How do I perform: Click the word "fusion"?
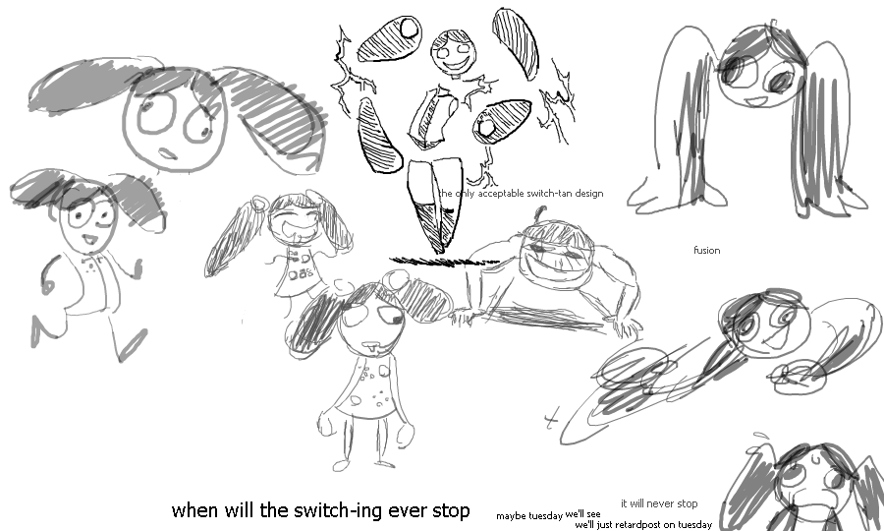(707, 250)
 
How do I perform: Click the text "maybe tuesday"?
(529, 516)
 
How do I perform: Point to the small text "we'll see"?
(582, 514)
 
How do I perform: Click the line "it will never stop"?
(659, 503)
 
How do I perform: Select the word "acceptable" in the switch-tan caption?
(501, 194)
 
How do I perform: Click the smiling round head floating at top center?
(454, 52)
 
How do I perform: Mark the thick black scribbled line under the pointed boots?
(444, 261)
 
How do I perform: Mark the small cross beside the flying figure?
(551, 419)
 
